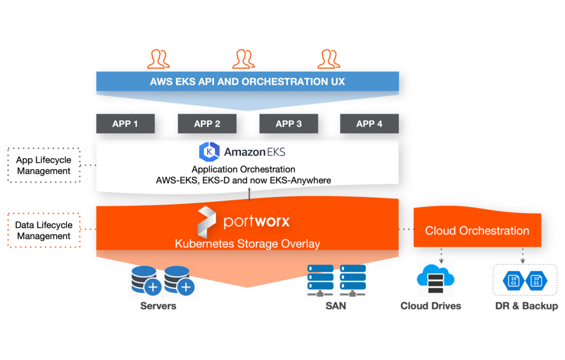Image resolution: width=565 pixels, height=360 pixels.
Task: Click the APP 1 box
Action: pyautogui.click(x=125, y=124)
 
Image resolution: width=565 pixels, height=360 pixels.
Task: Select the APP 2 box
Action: pyautogui.click(x=207, y=124)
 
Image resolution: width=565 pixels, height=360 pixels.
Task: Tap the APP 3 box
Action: pyautogui.click(x=289, y=124)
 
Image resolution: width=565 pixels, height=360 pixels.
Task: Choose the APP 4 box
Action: pyautogui.click(x=369, y=124)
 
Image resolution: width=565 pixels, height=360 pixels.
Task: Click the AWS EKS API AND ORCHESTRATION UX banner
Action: pyautogui.click(x=247, y=82)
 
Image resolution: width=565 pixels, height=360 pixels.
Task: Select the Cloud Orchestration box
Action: pyautogui.click(x=477, y=230)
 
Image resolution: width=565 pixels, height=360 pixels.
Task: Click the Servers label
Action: pyautogui.click(x=158, y=306)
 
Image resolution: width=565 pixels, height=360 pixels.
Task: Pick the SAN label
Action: pyautogui.click(x=336, y=306)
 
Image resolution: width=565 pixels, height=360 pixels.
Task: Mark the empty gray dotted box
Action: pyautogui.click(x=44, y=165)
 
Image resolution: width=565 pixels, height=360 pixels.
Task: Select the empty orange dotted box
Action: pyautogui.click(x=44, y=229)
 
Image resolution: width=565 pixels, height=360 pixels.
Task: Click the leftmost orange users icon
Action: pyautogui.click(x=158, y=58)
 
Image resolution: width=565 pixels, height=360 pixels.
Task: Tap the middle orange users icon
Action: pyautogui.click(x=243, y=58)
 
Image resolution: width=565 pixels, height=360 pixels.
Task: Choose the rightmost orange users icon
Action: pyautogui.click(x=329, y=58)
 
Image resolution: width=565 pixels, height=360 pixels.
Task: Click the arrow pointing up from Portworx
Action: pyautogui.click(x=249, y=195)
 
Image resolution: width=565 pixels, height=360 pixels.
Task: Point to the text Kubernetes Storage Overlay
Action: pyautogui.click(x=247, y=244)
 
